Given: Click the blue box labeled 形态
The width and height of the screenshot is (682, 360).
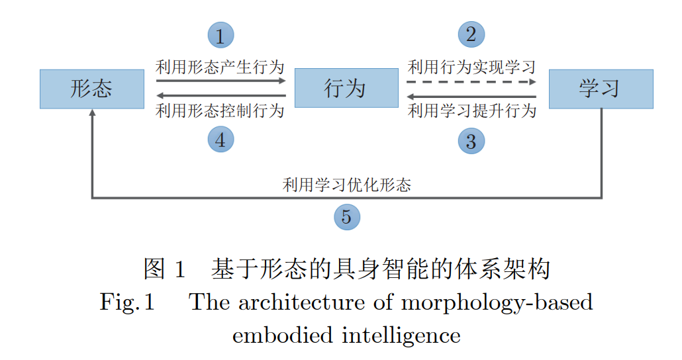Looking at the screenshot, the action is [91, 89].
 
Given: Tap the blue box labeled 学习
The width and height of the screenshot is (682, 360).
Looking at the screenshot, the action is [601, 89].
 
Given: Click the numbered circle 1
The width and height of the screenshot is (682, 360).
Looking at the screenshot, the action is [220, 34].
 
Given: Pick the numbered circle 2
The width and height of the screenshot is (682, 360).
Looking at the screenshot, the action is [471, 34].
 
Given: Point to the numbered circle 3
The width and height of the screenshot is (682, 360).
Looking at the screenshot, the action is [471, 141].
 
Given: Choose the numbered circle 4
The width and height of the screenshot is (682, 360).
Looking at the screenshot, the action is [220, 140].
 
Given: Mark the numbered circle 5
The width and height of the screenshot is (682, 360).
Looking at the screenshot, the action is [346, 216].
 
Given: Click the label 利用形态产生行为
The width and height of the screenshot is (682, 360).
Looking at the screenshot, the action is [220, 67].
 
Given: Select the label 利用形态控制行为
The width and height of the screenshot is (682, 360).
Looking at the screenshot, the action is [220, 111].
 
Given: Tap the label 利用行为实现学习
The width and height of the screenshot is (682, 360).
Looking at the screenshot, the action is [471, 67].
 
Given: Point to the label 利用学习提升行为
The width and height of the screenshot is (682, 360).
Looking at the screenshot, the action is [471, 111].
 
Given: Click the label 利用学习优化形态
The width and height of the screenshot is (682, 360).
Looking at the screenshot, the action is [346, 185].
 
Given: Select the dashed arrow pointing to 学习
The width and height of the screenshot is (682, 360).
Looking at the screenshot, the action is [471, 81].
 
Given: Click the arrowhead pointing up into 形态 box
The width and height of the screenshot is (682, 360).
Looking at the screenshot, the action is [92, 114].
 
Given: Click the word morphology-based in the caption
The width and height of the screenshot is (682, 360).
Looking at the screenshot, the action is [497, 302].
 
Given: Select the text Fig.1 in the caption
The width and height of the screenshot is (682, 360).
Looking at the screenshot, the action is [127, 302].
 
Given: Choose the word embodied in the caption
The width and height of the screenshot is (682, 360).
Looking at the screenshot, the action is [281, 335].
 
